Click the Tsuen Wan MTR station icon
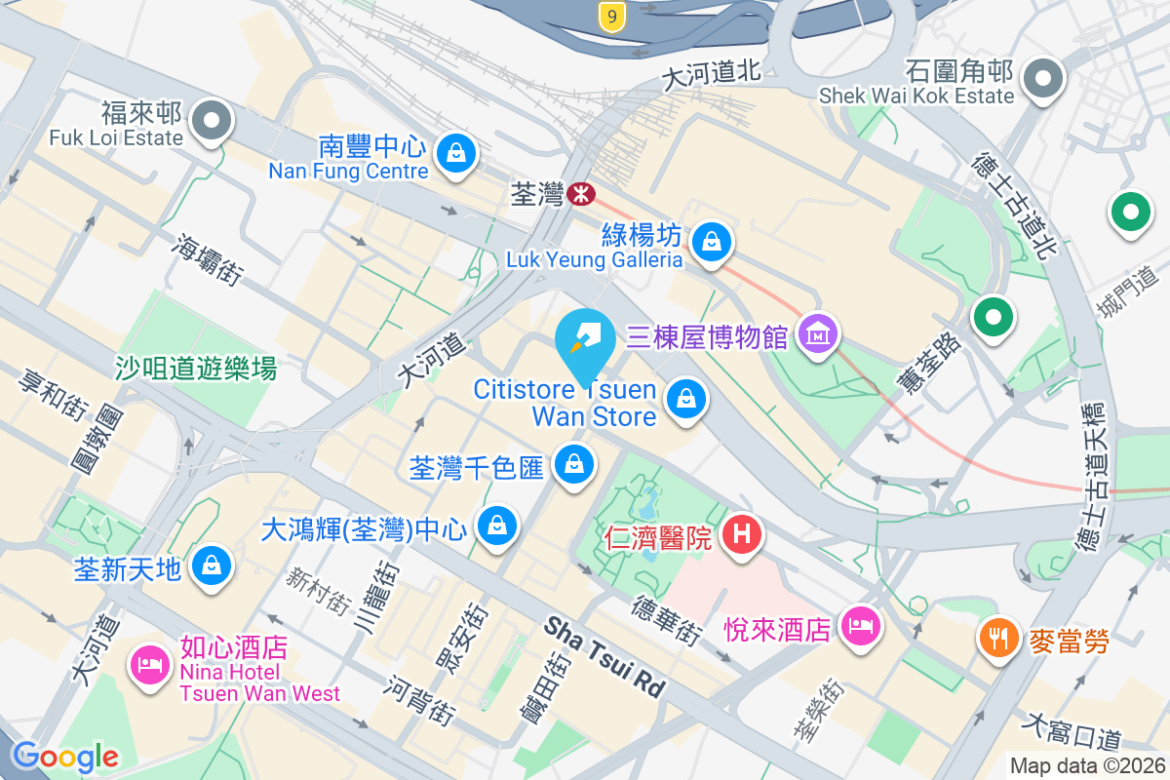pos(580,194)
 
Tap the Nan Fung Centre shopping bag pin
pos(455,152)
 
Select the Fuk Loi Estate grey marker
pos(212,122)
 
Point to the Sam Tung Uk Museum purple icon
pos(818,335)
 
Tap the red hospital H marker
pos(742,534)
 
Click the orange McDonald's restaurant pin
pos(996,638)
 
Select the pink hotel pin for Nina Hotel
pos(150,665)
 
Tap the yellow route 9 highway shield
pos(610,16)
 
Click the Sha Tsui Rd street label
pos(604,656)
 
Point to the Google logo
pos(65,756)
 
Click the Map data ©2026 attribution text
pos(1086,766)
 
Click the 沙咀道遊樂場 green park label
pos(196,368)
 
